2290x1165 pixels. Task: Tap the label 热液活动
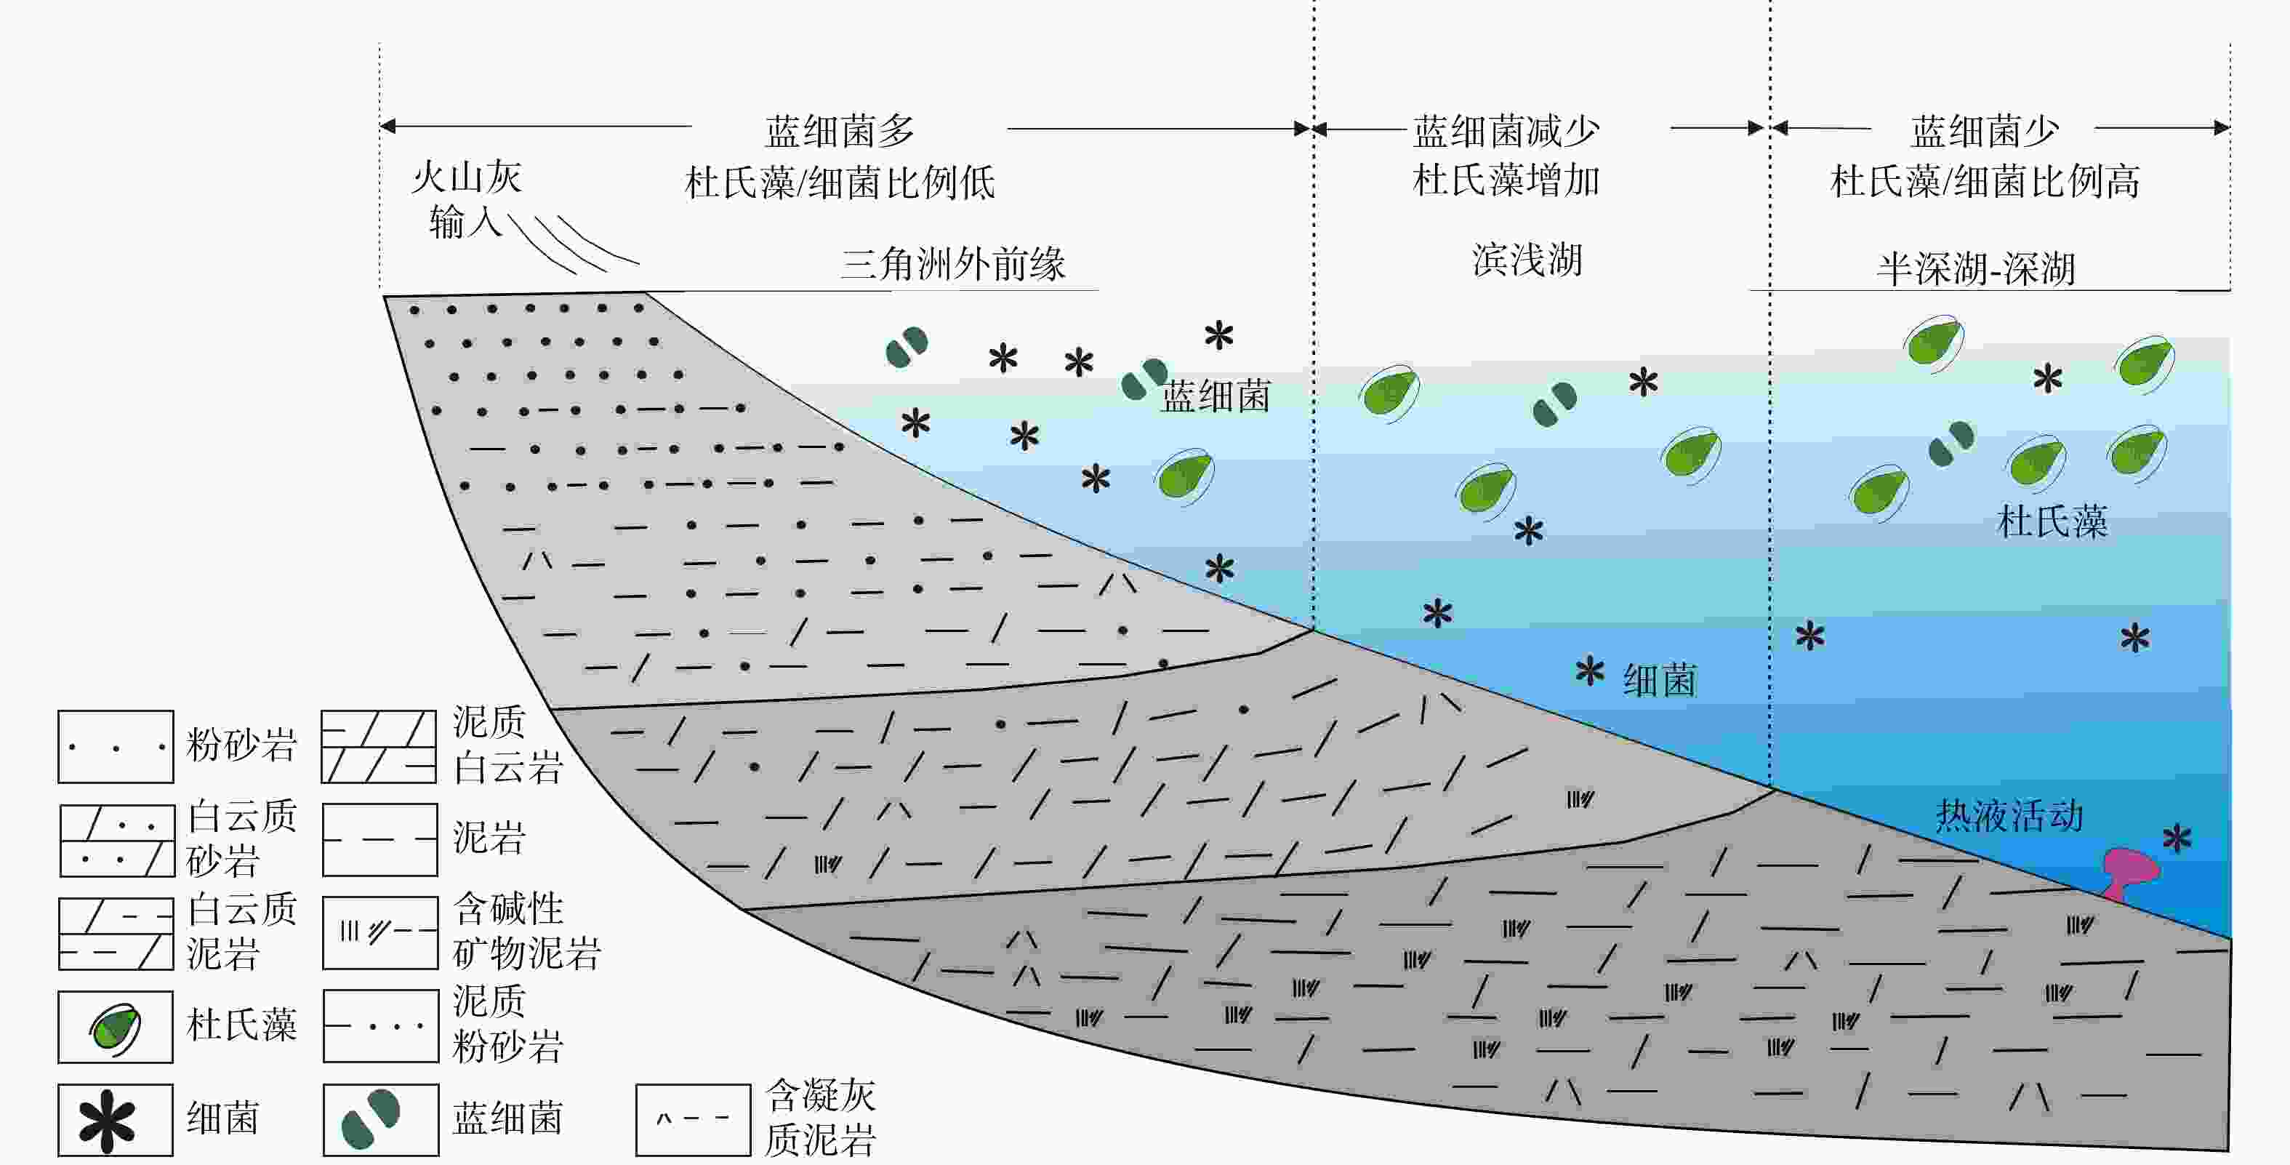pyautogui.click(x=2009, y=815)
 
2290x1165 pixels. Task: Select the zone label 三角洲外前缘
pyautogui.click(x=953, y=264)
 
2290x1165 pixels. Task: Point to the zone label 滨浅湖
pyautogui.click(x=1527, y=260)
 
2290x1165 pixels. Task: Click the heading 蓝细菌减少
pyautogui.click(x=1506, y=132)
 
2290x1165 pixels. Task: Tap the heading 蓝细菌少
pyautogui.click(x=1984, y=132)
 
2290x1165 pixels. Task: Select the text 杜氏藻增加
pyautogui.click(x=1506, y=180)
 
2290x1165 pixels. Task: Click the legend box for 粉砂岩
pyautogui.click(x=116, y=747)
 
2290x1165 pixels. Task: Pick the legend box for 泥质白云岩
pyautogui.click(x=379, y=747)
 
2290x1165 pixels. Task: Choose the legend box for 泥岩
pyautogui.click(x=379, y=839)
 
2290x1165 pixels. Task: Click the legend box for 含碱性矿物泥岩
pyautogui.click(x=379, y=932)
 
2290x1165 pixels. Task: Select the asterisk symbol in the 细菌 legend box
pyautogui.click(x=107, y=1121)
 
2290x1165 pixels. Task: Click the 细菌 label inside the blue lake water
pyautogui.click(x=1659, y=681)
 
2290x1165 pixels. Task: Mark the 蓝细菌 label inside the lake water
pyautogui.click(x=1216, y=396)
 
